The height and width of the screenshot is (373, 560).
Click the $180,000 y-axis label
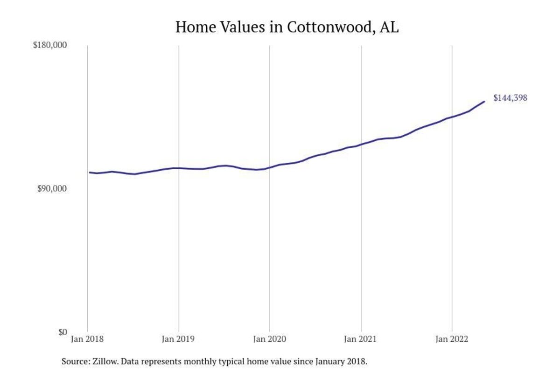(50, 45)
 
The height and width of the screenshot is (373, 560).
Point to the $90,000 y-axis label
(52, 189)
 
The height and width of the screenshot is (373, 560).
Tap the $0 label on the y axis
(63, 332)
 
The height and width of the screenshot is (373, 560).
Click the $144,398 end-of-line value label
(510, 98)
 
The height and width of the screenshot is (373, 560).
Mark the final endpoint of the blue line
(484, 101)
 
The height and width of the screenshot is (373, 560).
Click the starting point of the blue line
(90, 173)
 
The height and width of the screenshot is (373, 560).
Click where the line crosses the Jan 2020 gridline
(270, 167)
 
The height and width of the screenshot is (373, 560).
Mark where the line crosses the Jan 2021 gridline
(361, 145)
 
